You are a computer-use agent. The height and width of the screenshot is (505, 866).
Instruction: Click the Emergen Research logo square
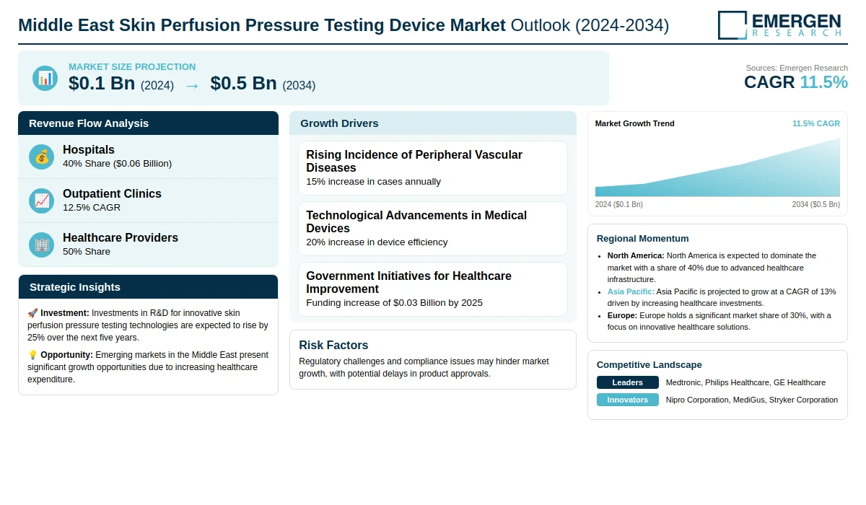pos(732,25)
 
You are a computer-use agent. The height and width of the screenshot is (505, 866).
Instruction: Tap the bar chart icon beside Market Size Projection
pos(45,79)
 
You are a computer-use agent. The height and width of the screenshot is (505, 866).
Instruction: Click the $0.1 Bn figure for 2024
pos(102,83)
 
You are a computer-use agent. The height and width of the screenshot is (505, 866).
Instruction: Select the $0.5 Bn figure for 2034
pos(244,83)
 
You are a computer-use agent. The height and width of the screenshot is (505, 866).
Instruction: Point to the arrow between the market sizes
pos(192,86)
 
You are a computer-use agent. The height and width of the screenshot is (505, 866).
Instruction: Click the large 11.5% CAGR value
pos(823,82)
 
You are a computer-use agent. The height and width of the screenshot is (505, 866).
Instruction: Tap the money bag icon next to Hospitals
pos(41,157)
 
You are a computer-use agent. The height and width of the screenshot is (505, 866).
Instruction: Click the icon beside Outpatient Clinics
pos(41,201)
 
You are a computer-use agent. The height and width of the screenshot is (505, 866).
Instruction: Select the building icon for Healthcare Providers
pos(41,245)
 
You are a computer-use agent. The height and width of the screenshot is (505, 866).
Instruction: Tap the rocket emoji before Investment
pos(32,313)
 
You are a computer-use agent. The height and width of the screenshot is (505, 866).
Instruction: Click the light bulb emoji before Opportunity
pos(32,355)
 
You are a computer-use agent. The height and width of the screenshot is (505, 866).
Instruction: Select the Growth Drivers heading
pos(339,123)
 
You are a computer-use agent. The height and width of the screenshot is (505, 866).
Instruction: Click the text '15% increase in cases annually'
pos(374,182)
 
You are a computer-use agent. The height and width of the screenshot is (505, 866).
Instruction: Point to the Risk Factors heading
pos(333,345)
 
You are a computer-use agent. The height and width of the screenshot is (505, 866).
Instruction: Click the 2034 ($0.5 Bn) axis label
pos(815,204)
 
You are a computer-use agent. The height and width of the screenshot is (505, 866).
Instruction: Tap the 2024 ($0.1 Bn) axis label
pos(619,204)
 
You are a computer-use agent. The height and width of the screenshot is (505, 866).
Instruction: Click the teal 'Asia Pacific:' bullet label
pos(631,291)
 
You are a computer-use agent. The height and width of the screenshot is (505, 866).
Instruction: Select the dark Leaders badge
pos(627,382)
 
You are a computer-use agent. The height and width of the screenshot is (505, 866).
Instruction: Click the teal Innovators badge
pos(627,400)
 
